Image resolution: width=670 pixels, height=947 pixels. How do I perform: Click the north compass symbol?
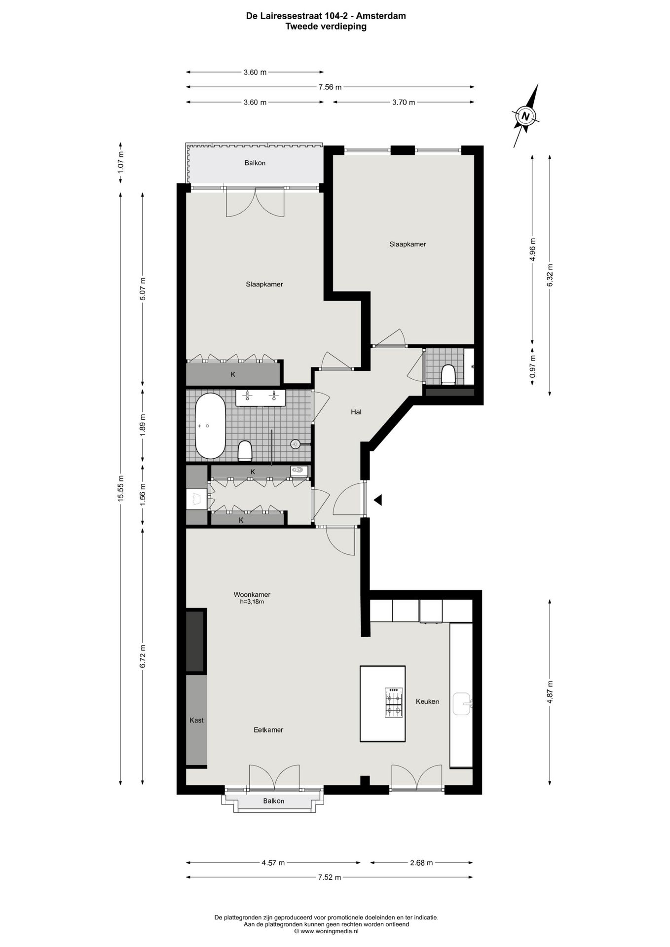[x=526, y=116]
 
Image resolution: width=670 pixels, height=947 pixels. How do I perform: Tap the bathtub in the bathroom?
[x=211, y=426]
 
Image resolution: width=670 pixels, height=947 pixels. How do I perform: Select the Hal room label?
[x=356, y=412]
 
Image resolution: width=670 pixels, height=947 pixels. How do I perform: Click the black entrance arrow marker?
[x=378, y=500]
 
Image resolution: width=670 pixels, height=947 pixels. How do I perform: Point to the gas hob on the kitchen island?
[x=394, y=702]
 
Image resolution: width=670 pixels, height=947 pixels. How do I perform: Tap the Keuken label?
[x=427, y=701]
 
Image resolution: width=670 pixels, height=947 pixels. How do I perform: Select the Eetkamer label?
[x=268, y=729]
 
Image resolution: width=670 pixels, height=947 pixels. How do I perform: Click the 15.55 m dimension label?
[x=121, y=488]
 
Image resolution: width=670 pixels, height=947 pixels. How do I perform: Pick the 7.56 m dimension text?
[x=330, y=87]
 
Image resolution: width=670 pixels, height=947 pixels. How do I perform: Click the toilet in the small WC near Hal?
[x=448, y=374]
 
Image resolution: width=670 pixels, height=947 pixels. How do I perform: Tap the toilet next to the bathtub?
[x=245, y=450]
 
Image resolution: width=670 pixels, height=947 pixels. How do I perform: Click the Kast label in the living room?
[x=196, y=720]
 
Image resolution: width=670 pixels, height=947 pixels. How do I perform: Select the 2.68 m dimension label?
[x=422, y=863]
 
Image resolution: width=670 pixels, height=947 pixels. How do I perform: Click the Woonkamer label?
[x=252, y=594]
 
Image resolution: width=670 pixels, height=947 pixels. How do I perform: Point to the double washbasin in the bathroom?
[x=261, y=398]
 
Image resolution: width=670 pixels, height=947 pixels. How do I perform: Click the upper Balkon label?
[x=255, y=163]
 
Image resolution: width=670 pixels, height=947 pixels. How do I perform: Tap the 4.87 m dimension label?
[x=550, y=692]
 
